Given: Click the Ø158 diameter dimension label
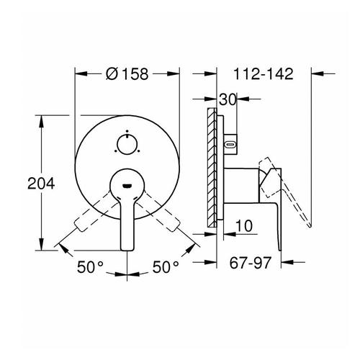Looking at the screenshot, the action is (x=127, y=73).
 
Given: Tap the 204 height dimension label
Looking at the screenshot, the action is (x=41, y=184).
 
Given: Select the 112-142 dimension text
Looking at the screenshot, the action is (x=264, y=73).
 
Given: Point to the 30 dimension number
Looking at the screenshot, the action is (x=228, y=99).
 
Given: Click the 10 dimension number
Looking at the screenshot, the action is (x=244, y=226).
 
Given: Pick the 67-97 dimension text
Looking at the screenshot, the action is (x=251, y=263).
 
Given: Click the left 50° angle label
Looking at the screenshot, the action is (x=90, y=267).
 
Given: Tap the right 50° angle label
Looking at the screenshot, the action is (x=166, y=267).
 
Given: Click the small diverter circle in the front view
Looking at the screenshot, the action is (x=127, y=144).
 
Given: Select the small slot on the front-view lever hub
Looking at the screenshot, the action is (x=127, y=186).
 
